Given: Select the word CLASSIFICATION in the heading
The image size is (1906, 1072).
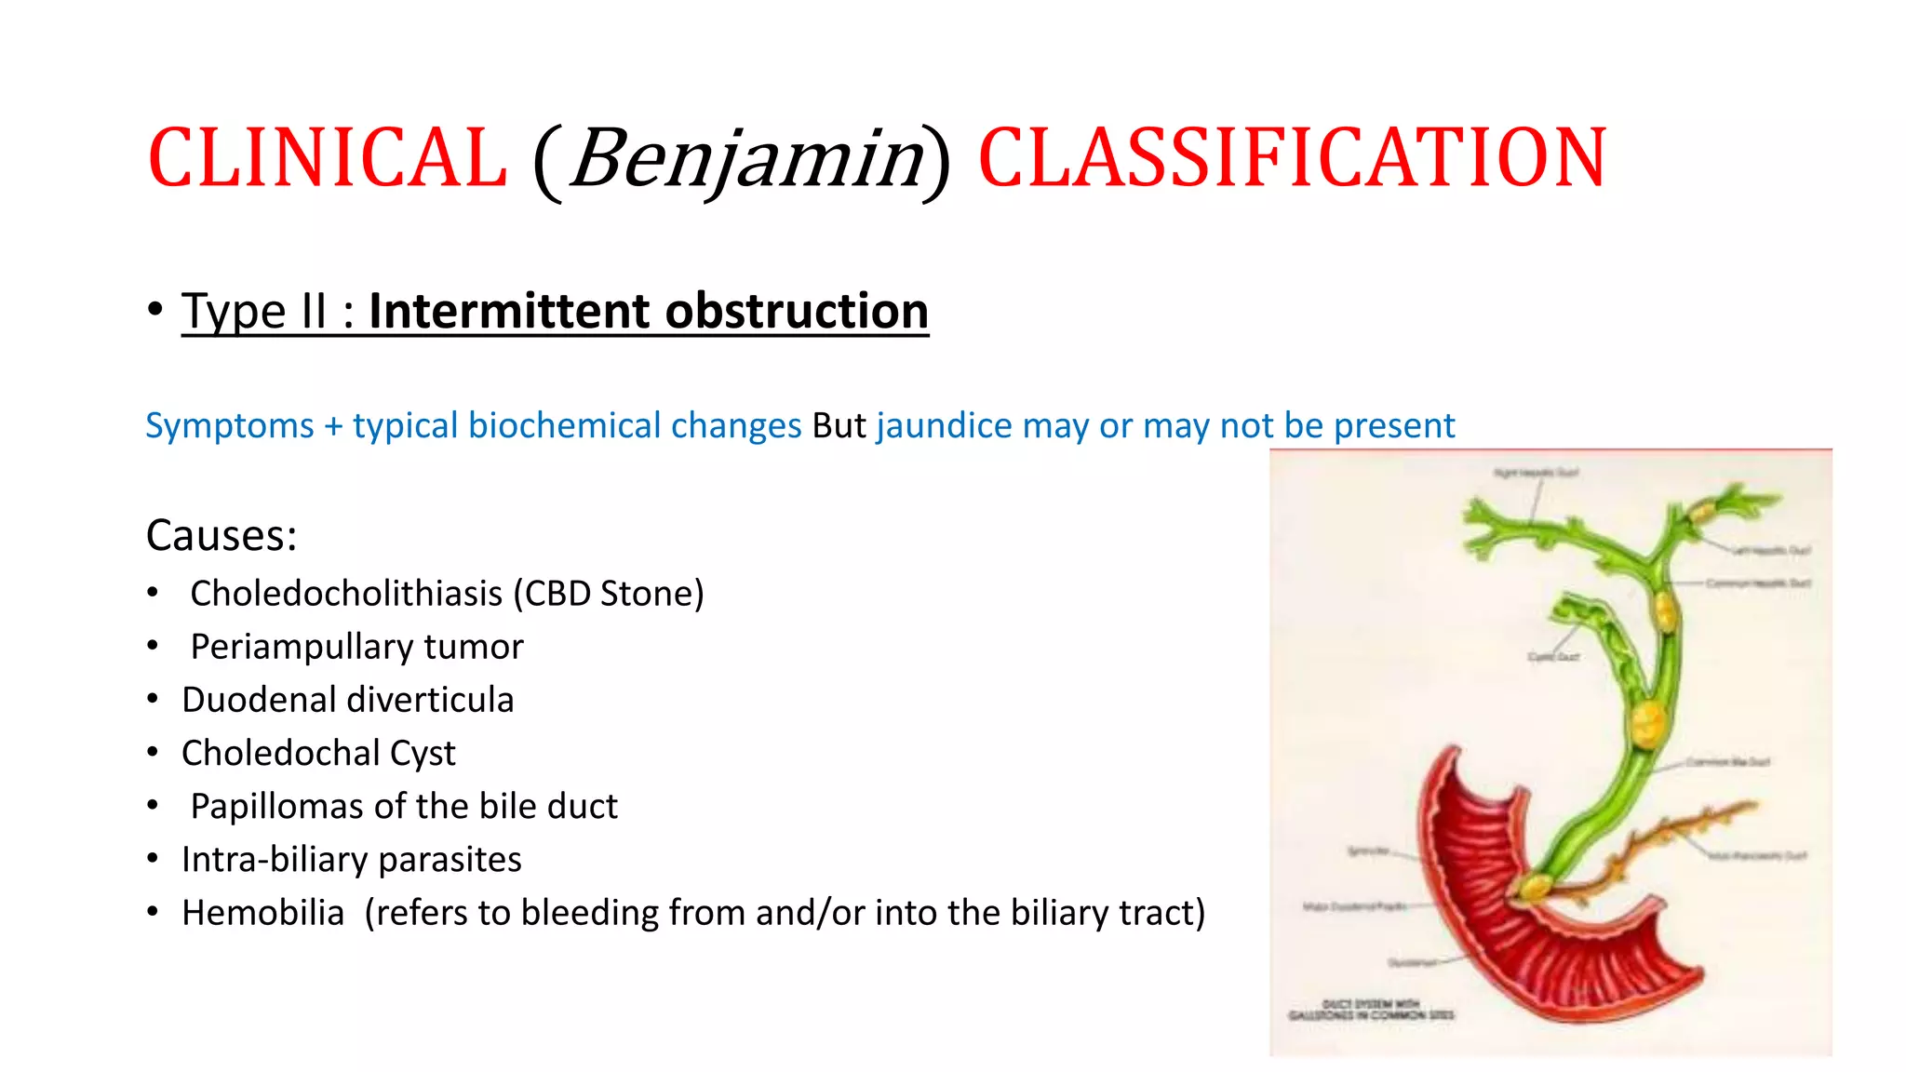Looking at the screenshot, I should (1292, 158).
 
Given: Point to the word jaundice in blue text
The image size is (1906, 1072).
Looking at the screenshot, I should (944, 425).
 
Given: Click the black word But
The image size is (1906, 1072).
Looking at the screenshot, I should (839, 425).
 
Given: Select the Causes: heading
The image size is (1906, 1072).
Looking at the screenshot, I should (221, 535).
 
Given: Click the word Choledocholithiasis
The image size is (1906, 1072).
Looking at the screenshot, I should (346, 594).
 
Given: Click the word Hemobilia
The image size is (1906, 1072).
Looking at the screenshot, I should (262, 913).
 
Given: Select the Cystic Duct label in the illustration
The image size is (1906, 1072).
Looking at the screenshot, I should (1552, 657).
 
